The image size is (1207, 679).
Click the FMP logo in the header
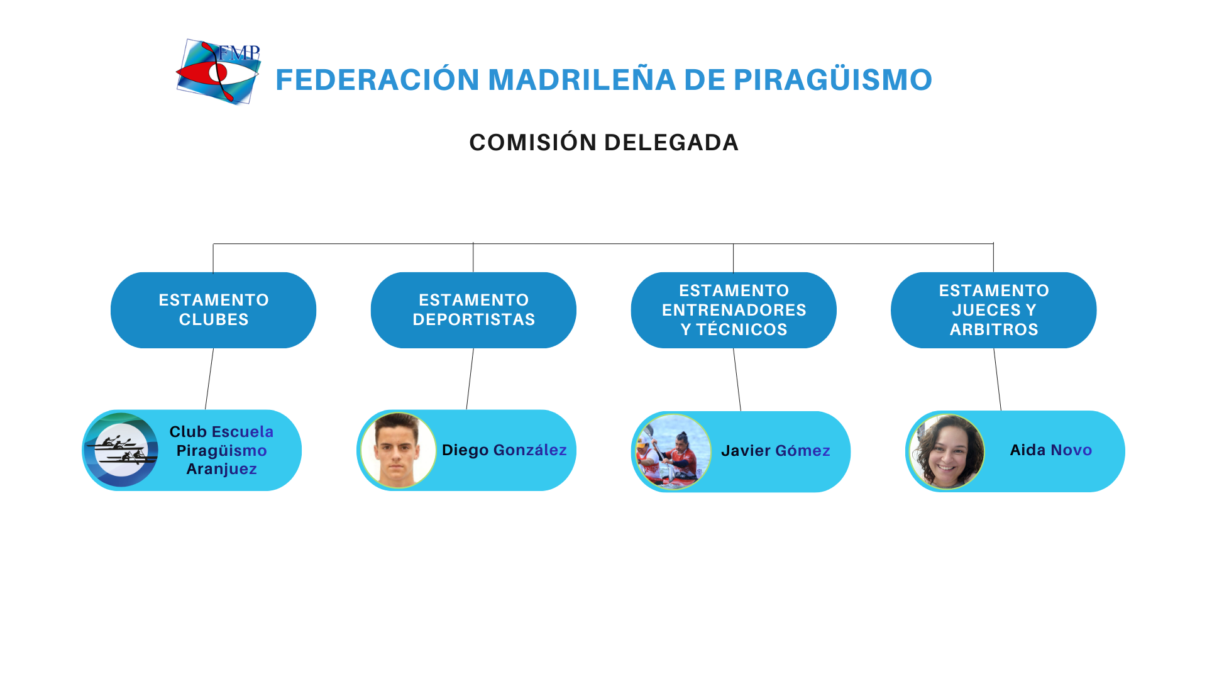218,72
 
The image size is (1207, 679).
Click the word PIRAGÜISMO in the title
833,79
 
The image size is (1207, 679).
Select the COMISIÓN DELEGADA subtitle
603,142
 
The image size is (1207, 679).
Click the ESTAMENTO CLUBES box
213,310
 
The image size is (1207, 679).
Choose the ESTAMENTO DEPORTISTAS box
473,310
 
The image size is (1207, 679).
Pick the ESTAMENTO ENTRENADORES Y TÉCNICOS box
734,310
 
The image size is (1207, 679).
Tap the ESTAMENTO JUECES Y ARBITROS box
994,310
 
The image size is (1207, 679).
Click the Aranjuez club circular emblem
121,450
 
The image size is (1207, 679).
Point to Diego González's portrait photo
398,450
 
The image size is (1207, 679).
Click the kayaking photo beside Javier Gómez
673,451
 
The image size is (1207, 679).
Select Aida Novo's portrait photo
947,451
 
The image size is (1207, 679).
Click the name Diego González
504,450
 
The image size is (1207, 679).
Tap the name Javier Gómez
776,451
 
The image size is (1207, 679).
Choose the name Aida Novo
1051,450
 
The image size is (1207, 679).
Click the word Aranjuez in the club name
222,469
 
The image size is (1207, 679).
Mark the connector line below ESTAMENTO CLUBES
209,379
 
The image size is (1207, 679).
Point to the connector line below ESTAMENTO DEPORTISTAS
470,379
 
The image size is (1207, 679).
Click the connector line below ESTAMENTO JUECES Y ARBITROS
998,379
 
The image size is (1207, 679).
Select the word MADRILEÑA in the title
582,79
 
